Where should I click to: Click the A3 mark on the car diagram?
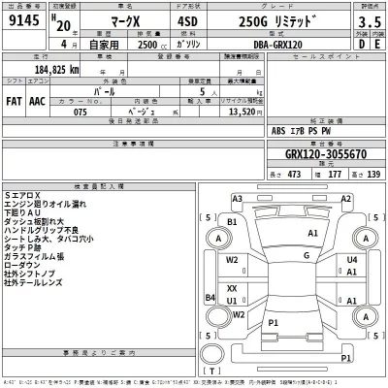[238, 198]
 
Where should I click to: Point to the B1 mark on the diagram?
[232, 222]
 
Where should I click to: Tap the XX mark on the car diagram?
[232, 288]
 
